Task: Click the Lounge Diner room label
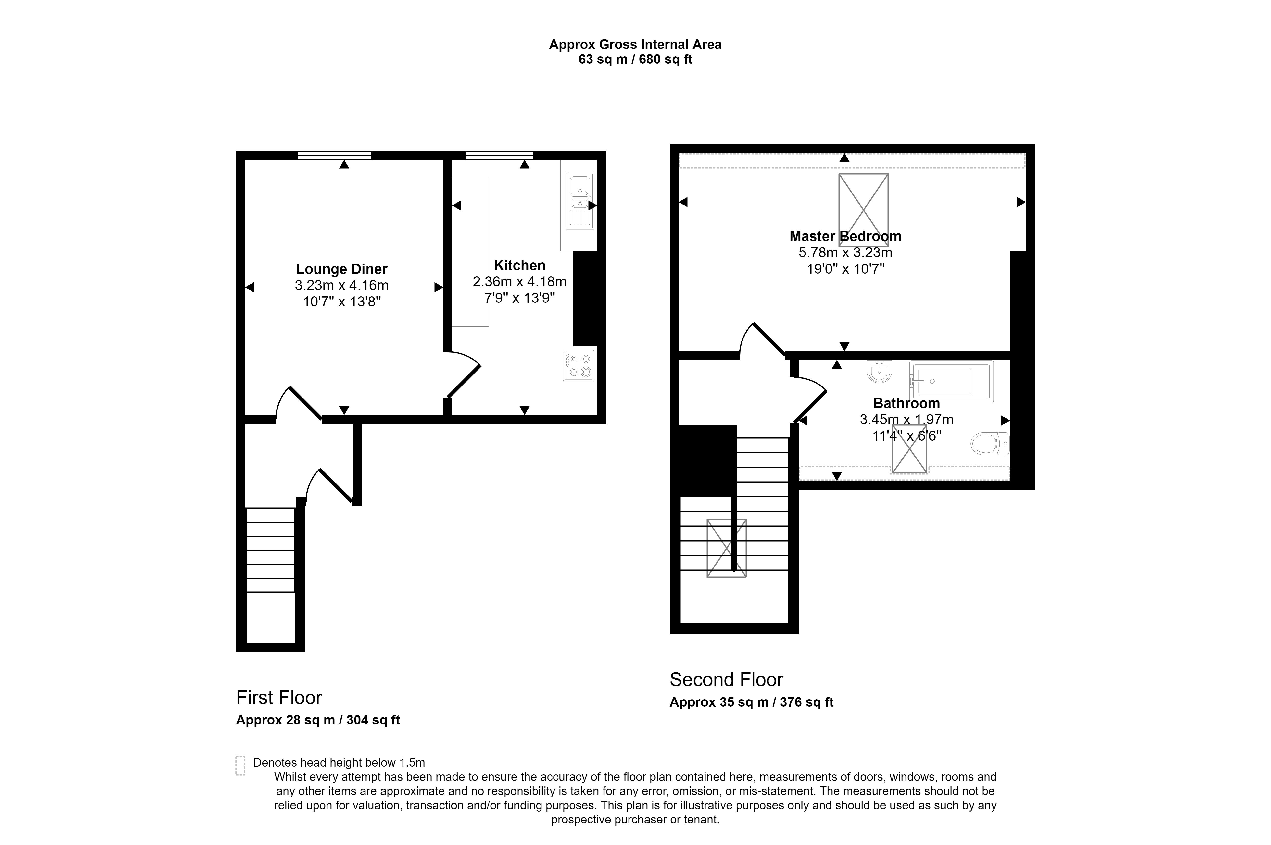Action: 341,269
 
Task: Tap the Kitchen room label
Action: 519,265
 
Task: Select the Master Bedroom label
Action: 845,236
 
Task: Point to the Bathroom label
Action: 906,403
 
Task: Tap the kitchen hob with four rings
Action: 579,365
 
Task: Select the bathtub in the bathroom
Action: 951,381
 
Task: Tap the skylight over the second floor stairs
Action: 726,548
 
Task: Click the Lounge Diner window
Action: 334,155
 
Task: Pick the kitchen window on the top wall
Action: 499,155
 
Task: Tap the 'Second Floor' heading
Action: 726,680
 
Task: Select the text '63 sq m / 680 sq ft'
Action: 635,59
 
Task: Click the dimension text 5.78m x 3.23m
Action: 845,252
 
